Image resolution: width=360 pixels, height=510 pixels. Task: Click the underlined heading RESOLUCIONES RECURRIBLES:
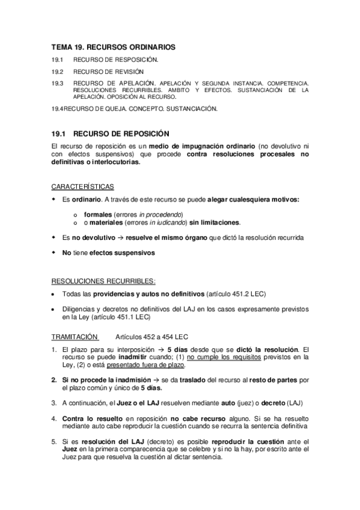(x=104, y=281)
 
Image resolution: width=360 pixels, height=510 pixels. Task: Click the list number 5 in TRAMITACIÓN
(x=55, y=441)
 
